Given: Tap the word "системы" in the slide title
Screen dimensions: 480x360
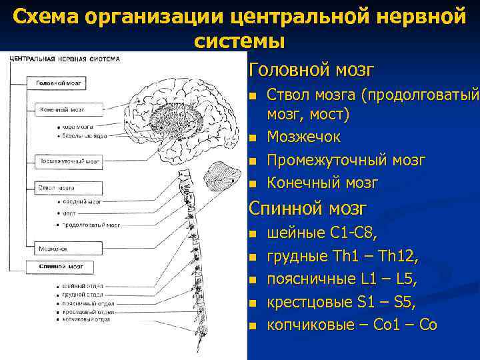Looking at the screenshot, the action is tap(240, 41).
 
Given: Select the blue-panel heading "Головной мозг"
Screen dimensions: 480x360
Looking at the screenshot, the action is tap(311, 69).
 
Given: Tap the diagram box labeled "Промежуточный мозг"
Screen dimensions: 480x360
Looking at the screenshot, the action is tap(69, 161).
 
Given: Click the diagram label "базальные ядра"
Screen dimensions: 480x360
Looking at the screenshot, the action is tap(83, 136).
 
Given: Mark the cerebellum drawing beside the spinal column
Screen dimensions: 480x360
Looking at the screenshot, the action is tap(218, 177).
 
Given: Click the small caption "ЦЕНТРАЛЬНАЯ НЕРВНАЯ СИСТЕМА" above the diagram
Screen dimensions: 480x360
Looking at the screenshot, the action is tap(65, 59).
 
